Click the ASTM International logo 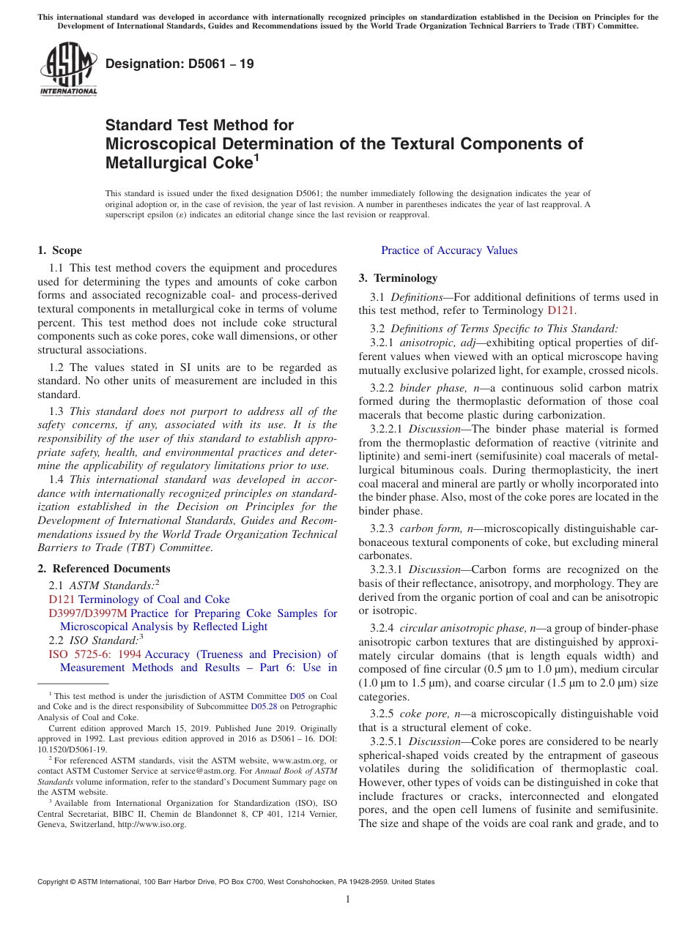(67, 70)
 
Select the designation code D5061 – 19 (179, 64)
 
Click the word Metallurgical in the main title (153, 162)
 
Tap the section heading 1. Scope (59, 250)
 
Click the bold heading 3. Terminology (398, 278)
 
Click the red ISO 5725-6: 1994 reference (93, 654)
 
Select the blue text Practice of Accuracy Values (449, 250)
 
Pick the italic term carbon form (429, 528)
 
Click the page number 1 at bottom (348, 899)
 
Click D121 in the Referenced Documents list (62, 599)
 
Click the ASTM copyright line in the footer (236, 882)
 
